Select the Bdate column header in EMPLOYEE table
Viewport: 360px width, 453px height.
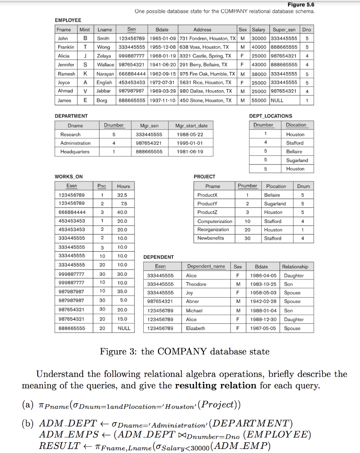(162, 30)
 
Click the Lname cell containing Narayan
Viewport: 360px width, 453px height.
(105, 74)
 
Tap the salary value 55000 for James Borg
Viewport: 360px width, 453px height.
(259, 100)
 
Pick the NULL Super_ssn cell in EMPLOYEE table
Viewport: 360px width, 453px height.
(277, 100)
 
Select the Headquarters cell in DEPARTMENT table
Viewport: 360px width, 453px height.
(75, 152)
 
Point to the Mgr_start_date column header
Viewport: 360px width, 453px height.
(191, 126)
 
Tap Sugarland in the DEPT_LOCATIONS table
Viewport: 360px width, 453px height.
(297, 160)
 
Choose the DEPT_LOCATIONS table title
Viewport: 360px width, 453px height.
(271, 116)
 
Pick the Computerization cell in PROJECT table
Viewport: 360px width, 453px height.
(214, 221)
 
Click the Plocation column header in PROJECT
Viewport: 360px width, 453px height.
(276, 186)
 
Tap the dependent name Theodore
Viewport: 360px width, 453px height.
(196, 284)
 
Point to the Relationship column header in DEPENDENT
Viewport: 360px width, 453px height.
(295, 267)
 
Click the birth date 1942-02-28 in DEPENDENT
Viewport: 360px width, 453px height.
(265, 302)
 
